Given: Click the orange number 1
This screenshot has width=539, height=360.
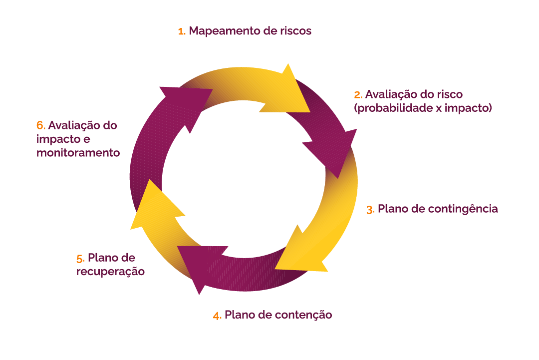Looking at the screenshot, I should coord(181,31).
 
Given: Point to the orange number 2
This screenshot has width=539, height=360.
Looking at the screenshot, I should coord(357,95).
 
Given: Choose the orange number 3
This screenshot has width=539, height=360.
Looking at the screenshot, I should coord(370,210).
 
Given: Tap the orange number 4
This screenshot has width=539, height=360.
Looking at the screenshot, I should coord(217,316).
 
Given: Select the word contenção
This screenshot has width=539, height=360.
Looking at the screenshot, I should coord(302,315).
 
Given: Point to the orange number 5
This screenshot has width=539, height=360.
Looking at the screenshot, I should coord(80,259).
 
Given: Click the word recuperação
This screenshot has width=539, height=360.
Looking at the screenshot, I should coord(110,272).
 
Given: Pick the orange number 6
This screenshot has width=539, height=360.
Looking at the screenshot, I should coord(40,125).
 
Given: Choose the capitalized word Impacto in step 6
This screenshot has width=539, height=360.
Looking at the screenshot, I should coord(56,139).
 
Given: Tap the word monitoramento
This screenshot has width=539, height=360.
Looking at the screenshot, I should coord(78,153).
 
